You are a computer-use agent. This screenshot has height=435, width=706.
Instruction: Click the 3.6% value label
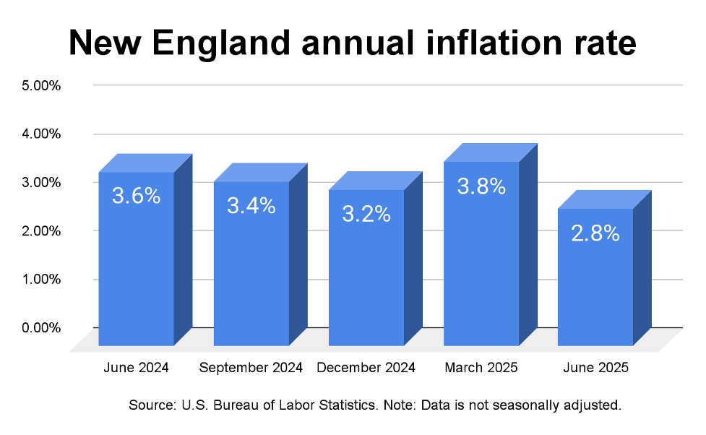136,195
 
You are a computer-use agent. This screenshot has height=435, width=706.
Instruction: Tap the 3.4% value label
251,205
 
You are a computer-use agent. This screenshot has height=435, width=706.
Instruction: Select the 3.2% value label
366,214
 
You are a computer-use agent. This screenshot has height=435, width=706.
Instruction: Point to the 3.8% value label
481,186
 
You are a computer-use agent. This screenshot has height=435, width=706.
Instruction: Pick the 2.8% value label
595,233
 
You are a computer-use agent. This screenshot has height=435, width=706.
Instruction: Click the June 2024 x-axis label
136,367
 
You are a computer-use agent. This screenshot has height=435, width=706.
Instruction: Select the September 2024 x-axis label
251,367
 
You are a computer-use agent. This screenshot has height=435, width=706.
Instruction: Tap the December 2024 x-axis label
366,367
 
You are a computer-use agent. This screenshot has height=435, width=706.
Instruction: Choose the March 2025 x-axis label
481,367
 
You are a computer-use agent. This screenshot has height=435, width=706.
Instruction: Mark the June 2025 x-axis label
595,367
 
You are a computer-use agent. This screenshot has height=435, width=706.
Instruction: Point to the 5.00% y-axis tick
41,85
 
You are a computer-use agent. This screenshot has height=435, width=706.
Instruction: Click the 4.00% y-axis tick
41,134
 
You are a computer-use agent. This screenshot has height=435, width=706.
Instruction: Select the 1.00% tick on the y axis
41,279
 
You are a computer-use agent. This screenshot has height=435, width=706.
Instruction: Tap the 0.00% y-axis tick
41,327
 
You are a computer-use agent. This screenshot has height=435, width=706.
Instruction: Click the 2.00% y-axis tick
41,231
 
